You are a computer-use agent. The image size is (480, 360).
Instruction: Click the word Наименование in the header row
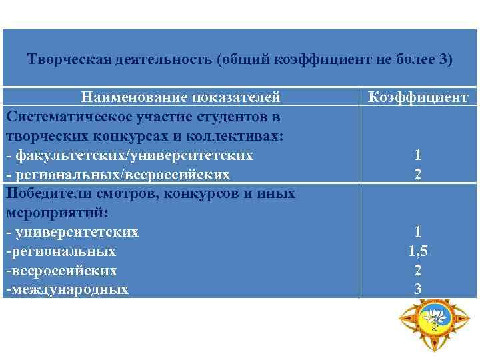pyautogui.click(x=134, y=98)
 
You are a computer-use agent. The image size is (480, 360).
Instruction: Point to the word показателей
pyautogui.click(x=236, y=98)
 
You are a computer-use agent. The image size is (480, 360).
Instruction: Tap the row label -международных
pyautogui.click(x=67, y=289)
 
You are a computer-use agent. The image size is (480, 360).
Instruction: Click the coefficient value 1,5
pyautogui.click(x=418, y=251)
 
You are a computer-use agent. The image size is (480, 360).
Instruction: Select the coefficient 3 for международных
pyautogui.click(x=418, y=289)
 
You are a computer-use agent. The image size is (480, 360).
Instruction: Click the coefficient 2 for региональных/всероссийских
pyautogui.click(x=418, y=175)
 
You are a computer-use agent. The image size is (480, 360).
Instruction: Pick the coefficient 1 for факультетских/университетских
pyautogui.click(x=418, y=155)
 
